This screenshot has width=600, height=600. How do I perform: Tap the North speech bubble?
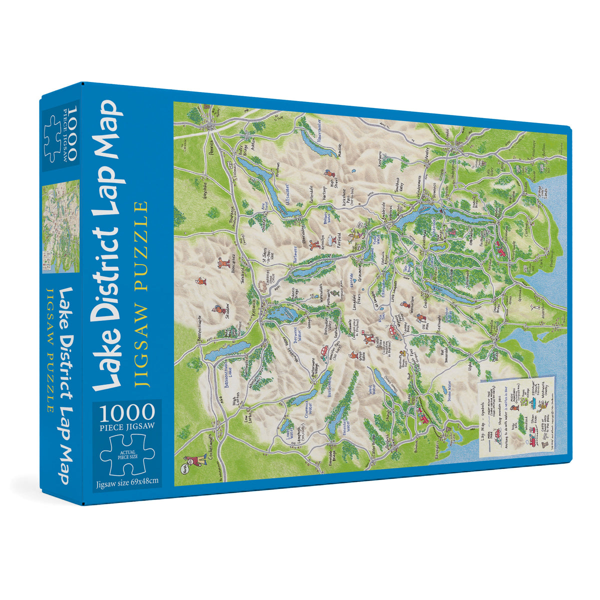182,470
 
